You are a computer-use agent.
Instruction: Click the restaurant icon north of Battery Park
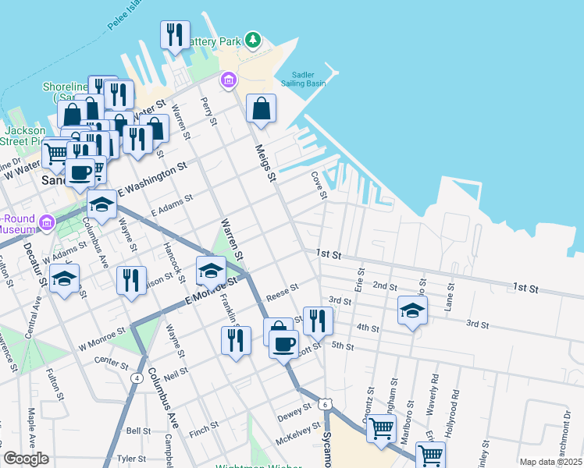pyautogui.click(x=175, y=35)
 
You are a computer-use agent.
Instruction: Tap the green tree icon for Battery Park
pyautogui.click(x=252, y=40)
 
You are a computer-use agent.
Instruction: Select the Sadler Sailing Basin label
pyautogui.click(x=303, y=80)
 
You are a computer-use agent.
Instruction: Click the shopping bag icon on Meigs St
pyautogui.click(x=262, y=110)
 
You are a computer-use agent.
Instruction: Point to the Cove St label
pyautogui.click(x=318, y=186)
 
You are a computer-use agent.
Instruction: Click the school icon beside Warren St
pyautogui.click(x=211, y=271)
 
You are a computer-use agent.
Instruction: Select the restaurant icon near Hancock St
pyautogui.click(x=131, y=279)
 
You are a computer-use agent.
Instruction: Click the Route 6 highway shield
pyautogui.click(x=323, y=404)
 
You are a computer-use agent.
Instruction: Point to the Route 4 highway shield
pyautogui.click(x=137, y=378)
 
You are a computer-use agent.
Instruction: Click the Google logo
pyautogui.click(x=26, y=459)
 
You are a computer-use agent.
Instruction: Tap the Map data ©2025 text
pyautogui.click(x=550, y=462)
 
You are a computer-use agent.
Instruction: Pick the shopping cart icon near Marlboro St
pyautogui.click(x=381, y=427)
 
